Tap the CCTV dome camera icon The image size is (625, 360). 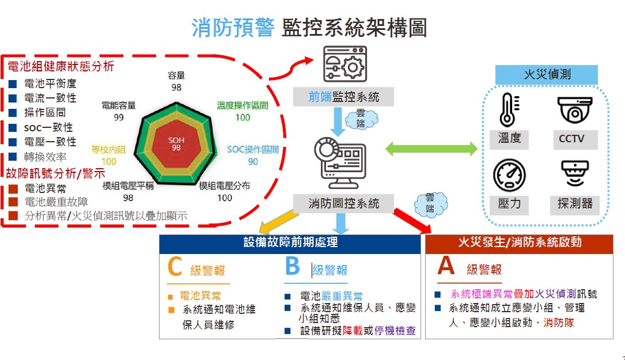point(574,109)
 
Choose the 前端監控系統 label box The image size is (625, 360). point(343,97)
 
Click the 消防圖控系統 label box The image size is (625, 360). point(343,203)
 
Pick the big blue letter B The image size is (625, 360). point(293,266)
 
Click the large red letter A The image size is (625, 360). point(446,266)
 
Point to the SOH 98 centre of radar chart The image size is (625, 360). point(176,144)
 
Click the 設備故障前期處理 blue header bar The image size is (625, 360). point(291,242)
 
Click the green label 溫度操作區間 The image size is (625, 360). point(243,105)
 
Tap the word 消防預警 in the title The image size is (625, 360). point(233,27)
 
